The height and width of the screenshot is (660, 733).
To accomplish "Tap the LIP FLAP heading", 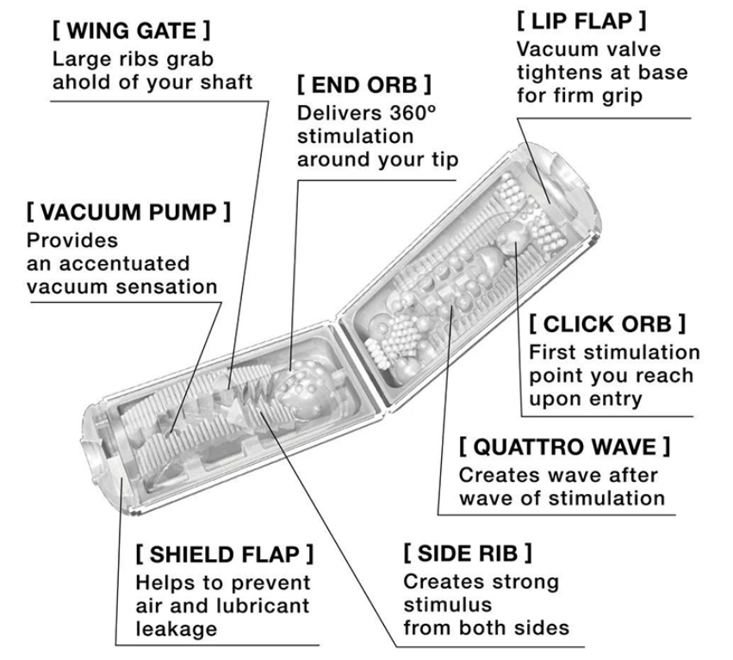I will click(x=581, y=20).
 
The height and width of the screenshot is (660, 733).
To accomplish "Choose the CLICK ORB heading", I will click(x=607, y=324).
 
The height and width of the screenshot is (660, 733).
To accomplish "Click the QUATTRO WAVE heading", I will click(x=564, y=448).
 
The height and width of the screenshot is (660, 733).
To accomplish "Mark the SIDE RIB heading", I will click(x=468, y=552).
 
